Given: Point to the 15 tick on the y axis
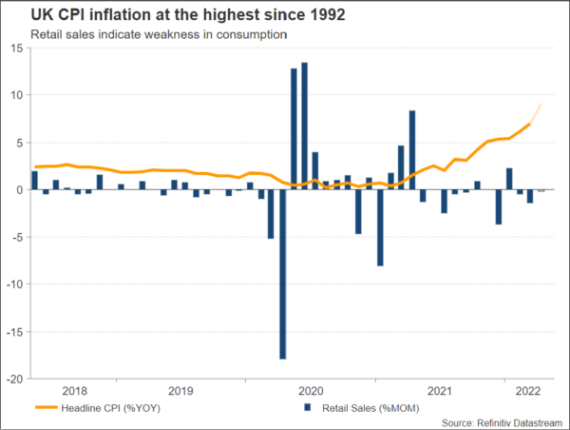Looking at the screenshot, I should point(16,49).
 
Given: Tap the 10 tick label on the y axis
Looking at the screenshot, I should point(16,96).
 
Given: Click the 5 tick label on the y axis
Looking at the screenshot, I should point(20,143).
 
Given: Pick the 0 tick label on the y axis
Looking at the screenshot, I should point(20,190).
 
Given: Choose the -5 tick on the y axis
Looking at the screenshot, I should point(18,237).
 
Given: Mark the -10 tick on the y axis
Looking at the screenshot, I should point(14,283).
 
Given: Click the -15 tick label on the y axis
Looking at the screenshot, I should point(14,331).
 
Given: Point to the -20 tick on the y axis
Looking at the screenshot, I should point(14,378).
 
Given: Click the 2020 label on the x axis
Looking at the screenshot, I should point(311,390).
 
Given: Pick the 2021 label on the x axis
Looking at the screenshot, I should point(440,390).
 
